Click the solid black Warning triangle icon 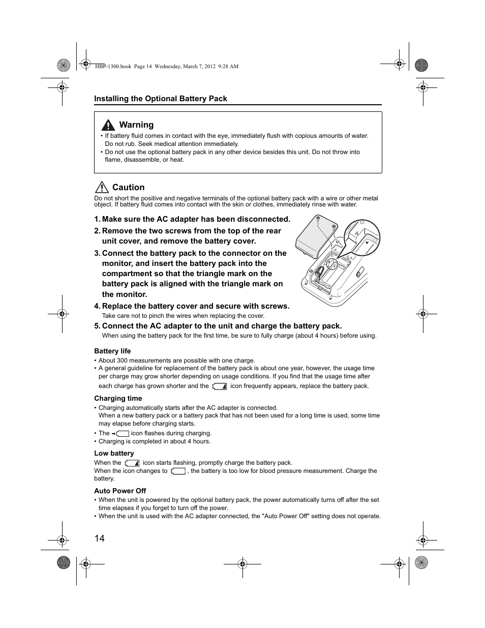107,125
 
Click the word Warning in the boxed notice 136,125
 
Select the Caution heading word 128,188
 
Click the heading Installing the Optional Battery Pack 161,99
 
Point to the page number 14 99,539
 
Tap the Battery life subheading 112,351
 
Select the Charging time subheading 118,398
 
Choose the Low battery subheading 114,453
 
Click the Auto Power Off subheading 120,491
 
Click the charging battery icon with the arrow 120,434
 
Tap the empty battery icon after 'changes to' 178,471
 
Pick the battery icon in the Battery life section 219,386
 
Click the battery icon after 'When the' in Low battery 132,463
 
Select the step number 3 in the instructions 97,253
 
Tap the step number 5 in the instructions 97,326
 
